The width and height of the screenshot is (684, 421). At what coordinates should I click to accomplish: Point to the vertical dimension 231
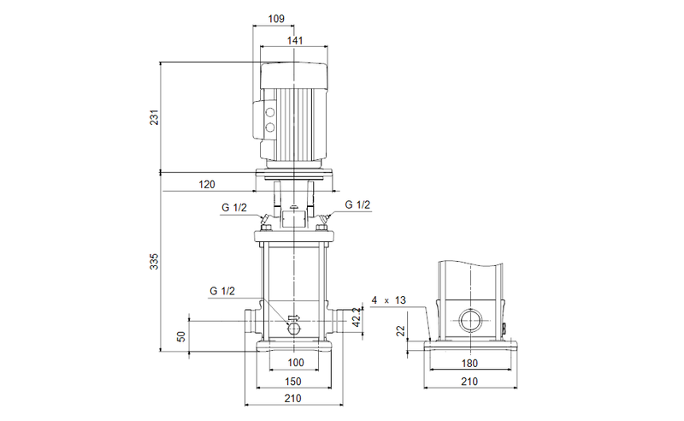click(155, 118)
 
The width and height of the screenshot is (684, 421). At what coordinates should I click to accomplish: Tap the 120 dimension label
click(206, 184)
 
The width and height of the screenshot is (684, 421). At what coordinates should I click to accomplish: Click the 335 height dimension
click(155, 261)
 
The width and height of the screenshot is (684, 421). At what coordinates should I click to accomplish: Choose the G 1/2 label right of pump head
click(357, 205)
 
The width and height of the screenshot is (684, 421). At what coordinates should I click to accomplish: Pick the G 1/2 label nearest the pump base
click(222, 291)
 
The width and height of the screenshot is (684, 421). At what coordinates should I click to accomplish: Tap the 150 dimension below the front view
click(294, 381)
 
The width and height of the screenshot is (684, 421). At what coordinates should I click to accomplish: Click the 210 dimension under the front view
click(294, 398)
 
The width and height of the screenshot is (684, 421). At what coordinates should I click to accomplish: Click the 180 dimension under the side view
click(471, 364)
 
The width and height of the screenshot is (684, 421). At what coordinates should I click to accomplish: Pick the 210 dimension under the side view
click(471, 381)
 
